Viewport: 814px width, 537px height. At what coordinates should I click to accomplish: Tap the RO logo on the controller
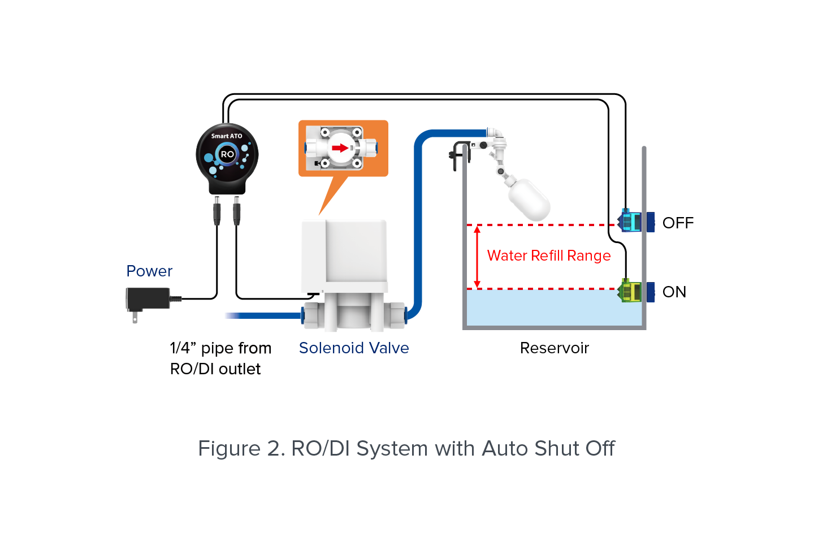[x=227, y=154]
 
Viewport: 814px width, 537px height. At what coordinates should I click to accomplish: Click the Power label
[x=149, y=271]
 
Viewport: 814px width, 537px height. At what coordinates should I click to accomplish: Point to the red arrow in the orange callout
[x=340, y=148]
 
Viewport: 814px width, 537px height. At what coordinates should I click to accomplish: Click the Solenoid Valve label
[x=354, y=348]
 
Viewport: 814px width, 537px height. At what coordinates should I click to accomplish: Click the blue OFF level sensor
[x=631, y=222]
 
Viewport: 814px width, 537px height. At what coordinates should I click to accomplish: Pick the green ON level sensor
[x=630, y=291]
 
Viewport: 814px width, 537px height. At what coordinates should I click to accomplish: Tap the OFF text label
[x=678, y=223]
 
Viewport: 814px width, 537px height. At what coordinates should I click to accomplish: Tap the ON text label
[x=674, y=292]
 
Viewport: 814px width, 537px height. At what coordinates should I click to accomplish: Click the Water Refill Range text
[x=549, y=256]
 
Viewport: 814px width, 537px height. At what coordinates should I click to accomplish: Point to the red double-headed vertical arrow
[x=477, y=257]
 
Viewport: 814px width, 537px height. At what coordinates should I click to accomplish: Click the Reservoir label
[x=555, y=348]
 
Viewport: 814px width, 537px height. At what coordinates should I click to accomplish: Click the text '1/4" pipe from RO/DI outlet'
[x=220, y=358]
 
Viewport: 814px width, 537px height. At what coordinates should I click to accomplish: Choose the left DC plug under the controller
[x=217, y=211]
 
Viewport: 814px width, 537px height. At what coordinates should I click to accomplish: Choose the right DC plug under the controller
[x=236, y=211]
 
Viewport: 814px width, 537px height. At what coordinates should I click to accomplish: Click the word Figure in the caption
[x=229, y=449]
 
